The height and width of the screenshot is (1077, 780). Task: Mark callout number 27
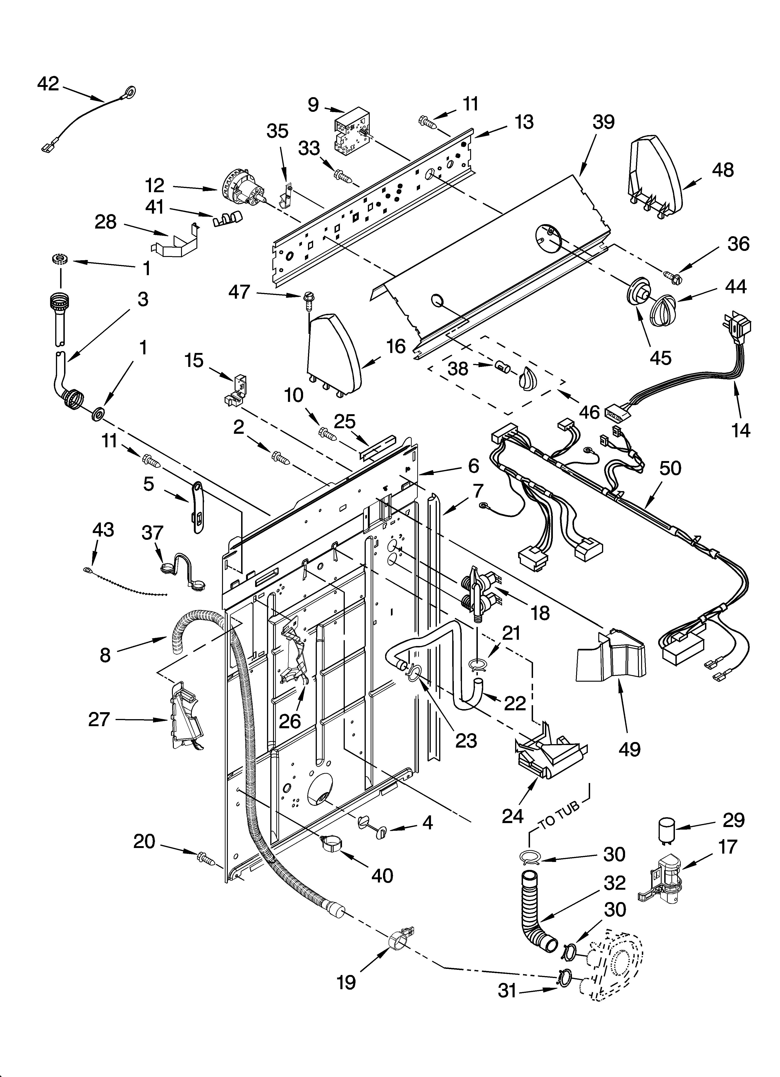click(99, 719)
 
